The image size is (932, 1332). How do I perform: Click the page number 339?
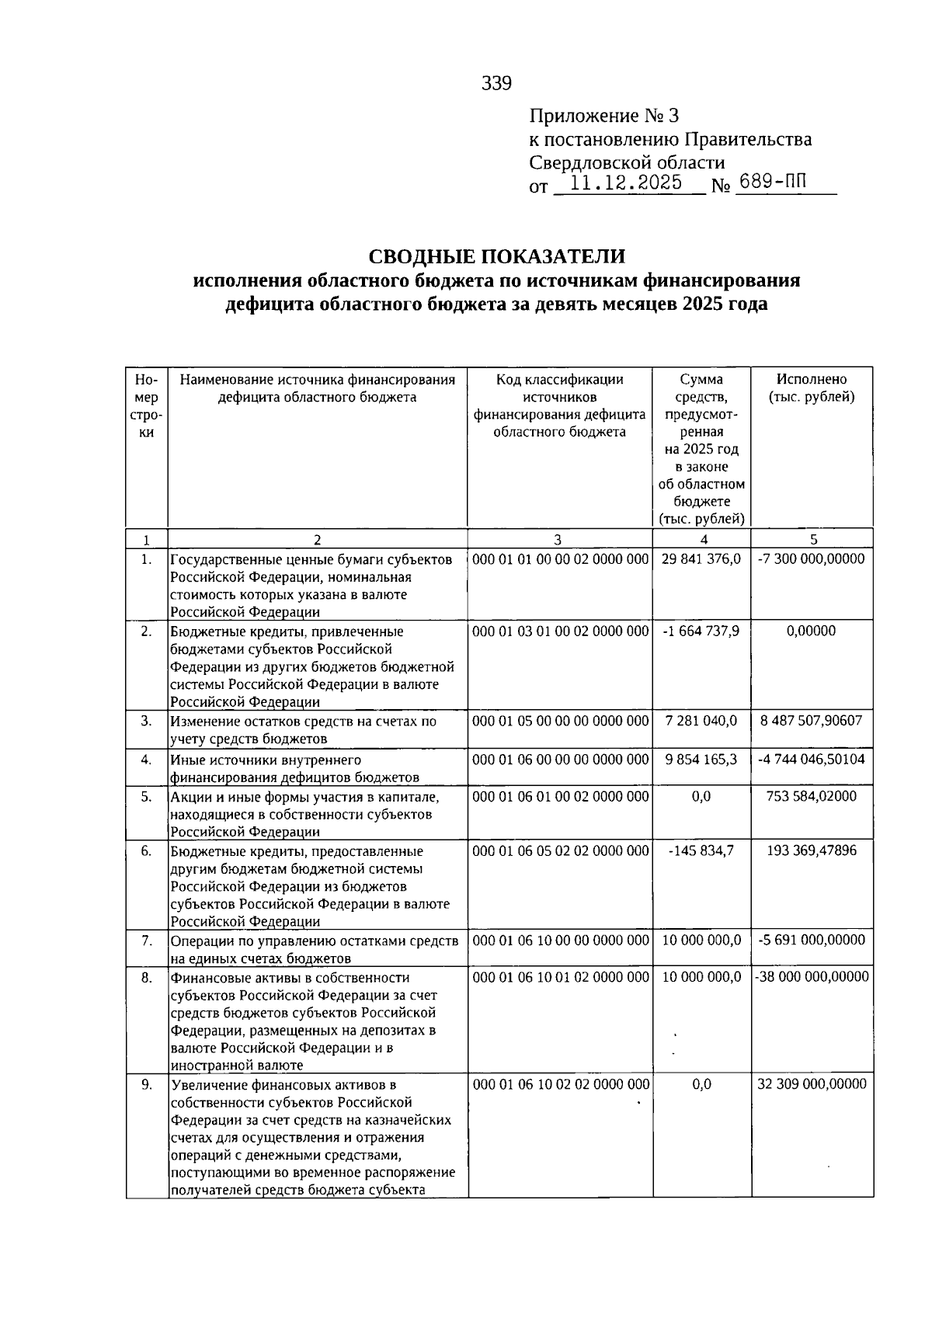[496, 83]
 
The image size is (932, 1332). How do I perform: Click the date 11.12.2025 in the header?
[626, 183]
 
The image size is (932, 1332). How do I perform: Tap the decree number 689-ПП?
[774, 183]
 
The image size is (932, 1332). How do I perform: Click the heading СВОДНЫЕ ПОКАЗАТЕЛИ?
[496, 257]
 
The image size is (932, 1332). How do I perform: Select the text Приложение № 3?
[604, 117]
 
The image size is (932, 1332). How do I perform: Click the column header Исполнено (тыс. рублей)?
[812, 388]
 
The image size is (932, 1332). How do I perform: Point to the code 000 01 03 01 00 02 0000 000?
[560, 631]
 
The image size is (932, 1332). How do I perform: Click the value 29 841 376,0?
[701, 559]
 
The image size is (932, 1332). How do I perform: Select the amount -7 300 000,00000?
[812, 559]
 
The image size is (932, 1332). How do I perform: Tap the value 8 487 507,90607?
[812, 721]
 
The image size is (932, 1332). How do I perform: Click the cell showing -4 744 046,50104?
[812, 760]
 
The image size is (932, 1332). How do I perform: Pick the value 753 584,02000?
[812, 797]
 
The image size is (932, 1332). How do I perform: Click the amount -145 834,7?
[701, 851]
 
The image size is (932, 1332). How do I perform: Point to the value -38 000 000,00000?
[812, 977]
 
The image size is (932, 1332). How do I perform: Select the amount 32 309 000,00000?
[812, 1084]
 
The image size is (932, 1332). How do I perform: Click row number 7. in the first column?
[147, 941]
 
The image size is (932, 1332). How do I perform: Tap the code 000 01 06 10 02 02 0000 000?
[560, 1084]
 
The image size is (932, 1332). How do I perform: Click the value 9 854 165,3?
[701, 760]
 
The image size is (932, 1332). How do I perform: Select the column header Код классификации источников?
[560, 405]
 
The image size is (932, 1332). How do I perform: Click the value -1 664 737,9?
[701, 631]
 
